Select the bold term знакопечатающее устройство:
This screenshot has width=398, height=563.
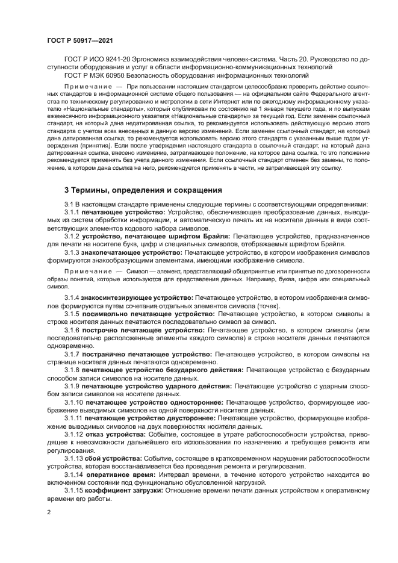[x=132, y=253]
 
